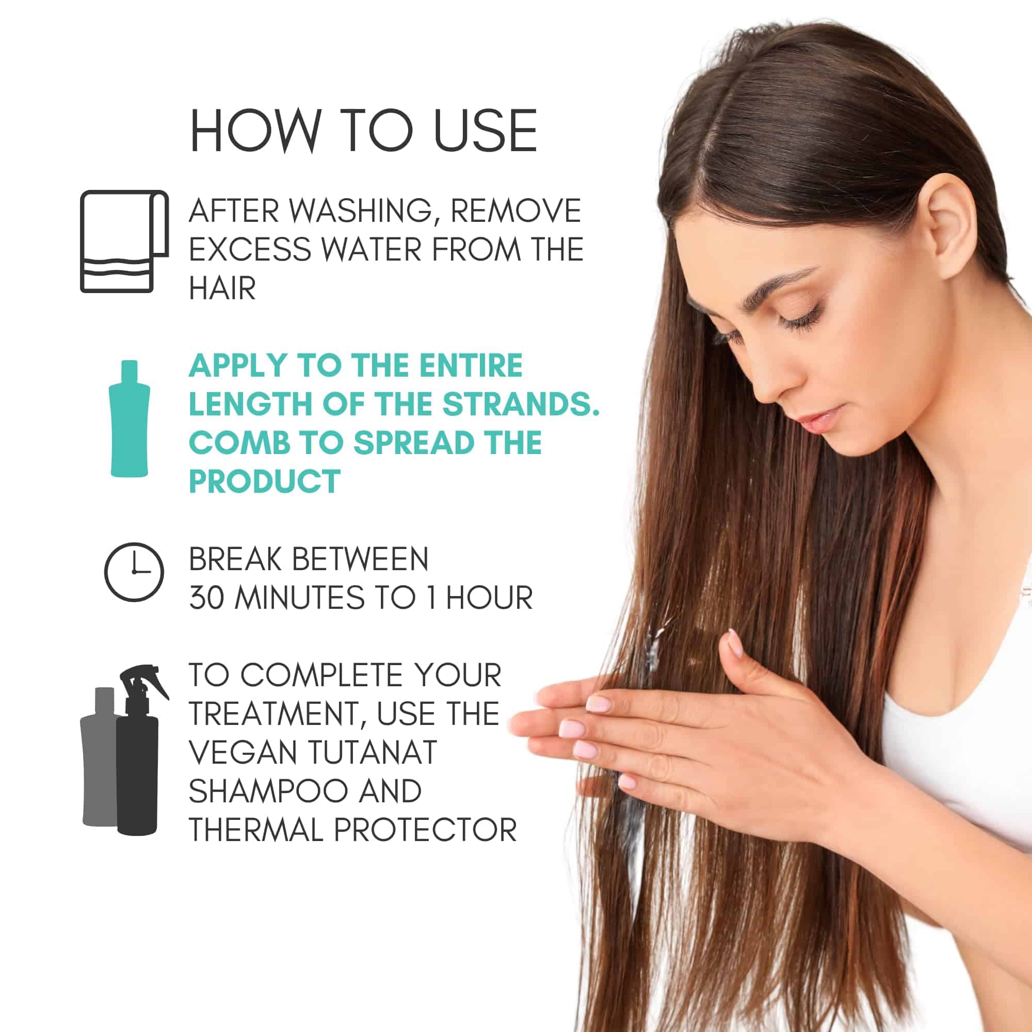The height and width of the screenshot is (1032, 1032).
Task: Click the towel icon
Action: (x=124, y=241)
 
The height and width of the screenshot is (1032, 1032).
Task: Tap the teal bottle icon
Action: (x=130, y=419)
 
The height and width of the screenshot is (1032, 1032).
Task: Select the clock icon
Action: (x=134, y=572)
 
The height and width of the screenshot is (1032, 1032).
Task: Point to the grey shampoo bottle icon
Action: (x=100, y=756)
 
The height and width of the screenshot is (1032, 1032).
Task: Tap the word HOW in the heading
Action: (x=255, y=131)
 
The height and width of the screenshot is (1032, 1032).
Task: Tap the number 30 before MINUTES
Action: (x=206, y=597)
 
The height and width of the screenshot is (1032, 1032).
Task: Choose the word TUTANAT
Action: (x=373, y=752)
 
